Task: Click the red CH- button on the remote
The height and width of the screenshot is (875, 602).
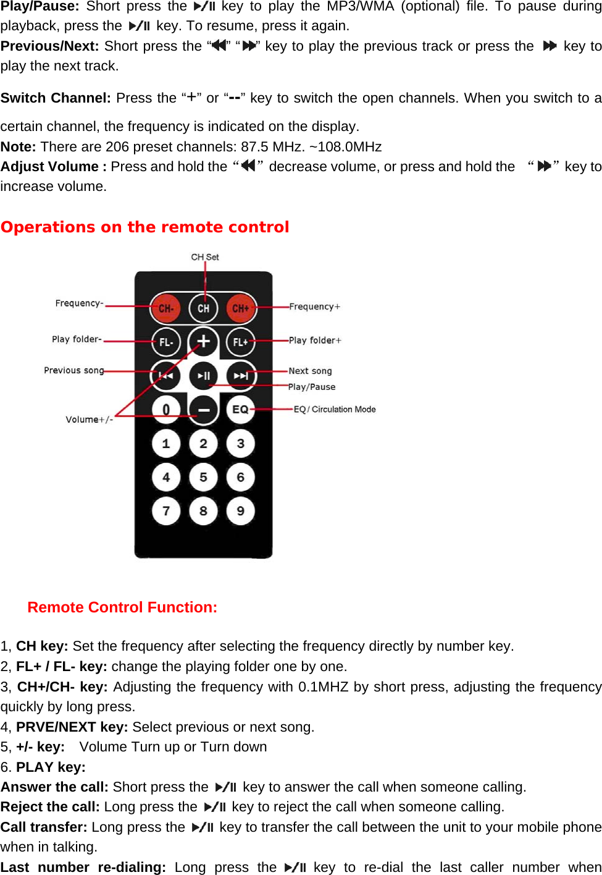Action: (x=165, y=308)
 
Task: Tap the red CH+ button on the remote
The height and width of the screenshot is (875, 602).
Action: (x=240, y=308)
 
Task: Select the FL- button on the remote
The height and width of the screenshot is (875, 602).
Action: (x=165, y=342)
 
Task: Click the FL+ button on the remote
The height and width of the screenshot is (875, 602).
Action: (x=240, y=342)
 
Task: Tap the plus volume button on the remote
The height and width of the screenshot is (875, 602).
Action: (x=203, y=341)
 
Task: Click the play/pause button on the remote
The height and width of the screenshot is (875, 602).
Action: (x=203, y=375)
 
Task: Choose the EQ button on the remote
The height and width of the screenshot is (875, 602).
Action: (x=240, y=409)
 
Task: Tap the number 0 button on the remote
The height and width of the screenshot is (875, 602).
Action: (x=165, y=409)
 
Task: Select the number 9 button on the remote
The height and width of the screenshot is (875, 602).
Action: (x=240, y=511)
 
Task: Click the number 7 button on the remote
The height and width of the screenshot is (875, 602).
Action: (x=165, y=511)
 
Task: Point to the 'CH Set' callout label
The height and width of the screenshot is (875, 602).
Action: (x=205, y=257)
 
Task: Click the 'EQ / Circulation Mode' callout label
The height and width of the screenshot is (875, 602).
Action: (x=334, y=409)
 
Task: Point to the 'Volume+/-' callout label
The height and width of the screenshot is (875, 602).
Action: (x=89, y=420)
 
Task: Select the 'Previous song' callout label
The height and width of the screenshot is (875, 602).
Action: (x=73, y=370)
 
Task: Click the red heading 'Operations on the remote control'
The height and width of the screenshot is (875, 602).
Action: (x=144, y=227)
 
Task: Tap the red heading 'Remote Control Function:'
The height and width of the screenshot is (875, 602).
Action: (x=122, y=607)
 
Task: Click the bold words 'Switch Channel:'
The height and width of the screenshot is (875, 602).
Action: (x=56, y=98)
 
